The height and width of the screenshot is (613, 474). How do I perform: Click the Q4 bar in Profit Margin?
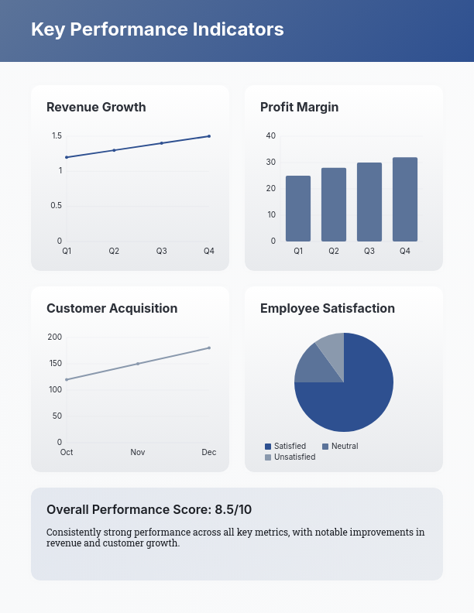click(405, 199)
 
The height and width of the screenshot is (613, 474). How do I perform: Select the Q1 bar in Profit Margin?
click(298, 208)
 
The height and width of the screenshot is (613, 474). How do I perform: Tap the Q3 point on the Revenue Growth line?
click(162, 143)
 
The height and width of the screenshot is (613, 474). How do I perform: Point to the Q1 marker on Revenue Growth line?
click(67, 157)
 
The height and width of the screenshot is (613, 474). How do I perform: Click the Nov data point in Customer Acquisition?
click(138, 364)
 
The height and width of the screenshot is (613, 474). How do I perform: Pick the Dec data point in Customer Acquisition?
click(209, 348)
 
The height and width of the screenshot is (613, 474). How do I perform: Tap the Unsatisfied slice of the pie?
click(331, 346)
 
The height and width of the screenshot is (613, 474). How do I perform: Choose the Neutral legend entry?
click(344, 447)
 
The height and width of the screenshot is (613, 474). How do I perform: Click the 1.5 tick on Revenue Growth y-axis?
click(57, 136)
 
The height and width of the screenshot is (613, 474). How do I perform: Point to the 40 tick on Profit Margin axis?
click(271, 136)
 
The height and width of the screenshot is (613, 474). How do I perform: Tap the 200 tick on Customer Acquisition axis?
click(54, 337)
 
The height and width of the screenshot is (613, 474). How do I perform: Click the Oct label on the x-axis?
click(67, 452)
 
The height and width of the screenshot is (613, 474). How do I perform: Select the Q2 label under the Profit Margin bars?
click(334, 251)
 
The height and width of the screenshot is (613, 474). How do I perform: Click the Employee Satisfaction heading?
click(328, 308)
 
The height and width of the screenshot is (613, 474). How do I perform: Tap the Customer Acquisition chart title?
click(112, 308)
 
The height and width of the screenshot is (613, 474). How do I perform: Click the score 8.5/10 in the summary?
click(233, 509)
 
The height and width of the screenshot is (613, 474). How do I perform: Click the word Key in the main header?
click(47, 29)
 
